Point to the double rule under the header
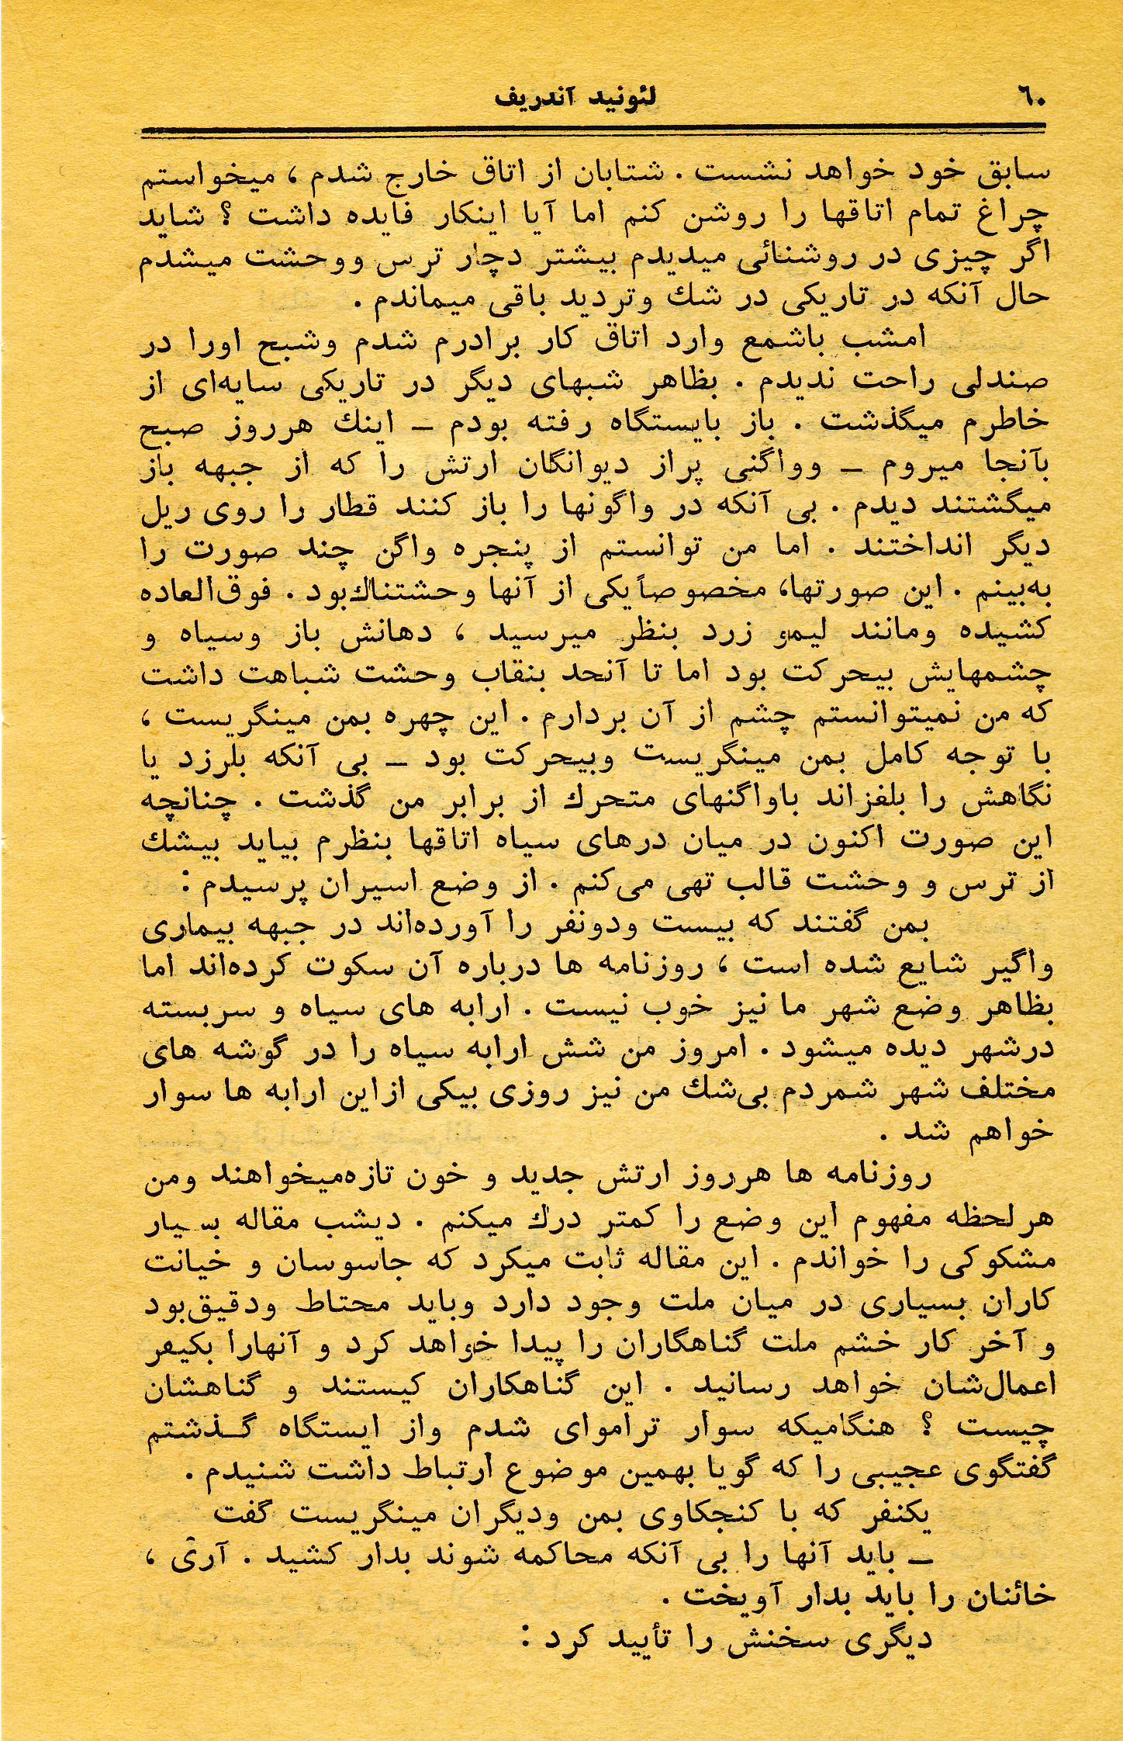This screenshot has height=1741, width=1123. pyautogui.click(x=593, y=132)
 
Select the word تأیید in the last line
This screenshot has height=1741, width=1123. pyautogui.click(x=644, y=1641)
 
